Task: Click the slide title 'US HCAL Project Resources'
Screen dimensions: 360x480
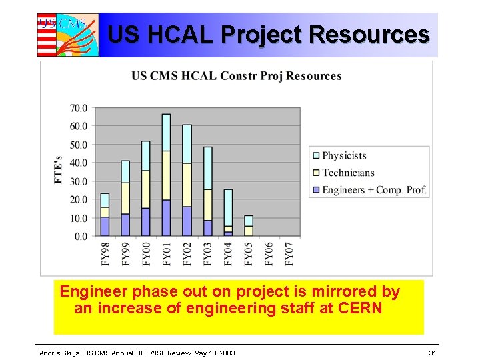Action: pos(268,34)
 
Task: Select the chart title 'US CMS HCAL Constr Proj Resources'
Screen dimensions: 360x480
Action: pos(236,76)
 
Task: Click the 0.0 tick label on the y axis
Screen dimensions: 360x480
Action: pos(81,236)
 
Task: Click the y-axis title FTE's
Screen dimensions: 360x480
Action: pos(59,171)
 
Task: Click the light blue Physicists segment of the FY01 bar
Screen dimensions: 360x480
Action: pos(166,132)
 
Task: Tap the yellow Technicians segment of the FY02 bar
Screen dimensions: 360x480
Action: pos(187,185)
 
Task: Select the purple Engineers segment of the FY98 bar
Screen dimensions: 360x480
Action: pos(105,227)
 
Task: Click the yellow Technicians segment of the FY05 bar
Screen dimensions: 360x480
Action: pos(249,231)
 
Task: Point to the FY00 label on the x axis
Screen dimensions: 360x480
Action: pos(146,253)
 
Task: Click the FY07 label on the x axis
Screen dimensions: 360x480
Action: pos(289,253)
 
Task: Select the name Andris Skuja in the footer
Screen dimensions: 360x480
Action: pos(61,352)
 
